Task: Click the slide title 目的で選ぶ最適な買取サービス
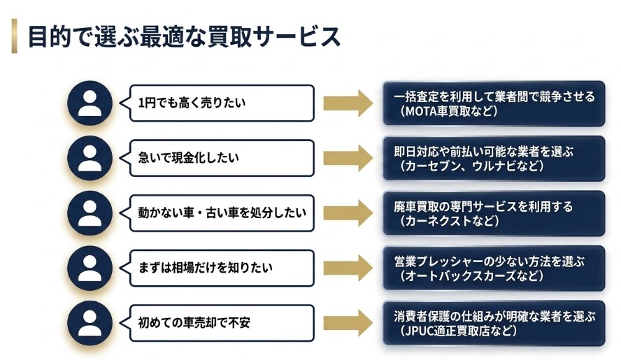[184, 36]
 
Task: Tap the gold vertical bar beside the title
[14, 36]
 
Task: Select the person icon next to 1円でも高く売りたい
[90, 103]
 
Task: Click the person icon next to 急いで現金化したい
[90, 158]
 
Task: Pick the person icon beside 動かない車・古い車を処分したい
[90, 213]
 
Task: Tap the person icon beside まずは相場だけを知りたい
[90, 267]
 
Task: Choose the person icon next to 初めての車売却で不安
[90, 322]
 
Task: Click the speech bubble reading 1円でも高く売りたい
[221, 103]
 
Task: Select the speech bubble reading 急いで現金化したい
[221, 158]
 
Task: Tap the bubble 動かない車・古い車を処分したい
[221, 213]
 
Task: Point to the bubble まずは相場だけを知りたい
[221, 267]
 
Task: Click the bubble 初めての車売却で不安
[221, 322]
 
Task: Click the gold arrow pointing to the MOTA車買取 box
[348, 103]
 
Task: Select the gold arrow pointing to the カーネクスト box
[348, 213]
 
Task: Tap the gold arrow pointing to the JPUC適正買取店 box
[348, 322]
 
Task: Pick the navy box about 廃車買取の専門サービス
[493, 213]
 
